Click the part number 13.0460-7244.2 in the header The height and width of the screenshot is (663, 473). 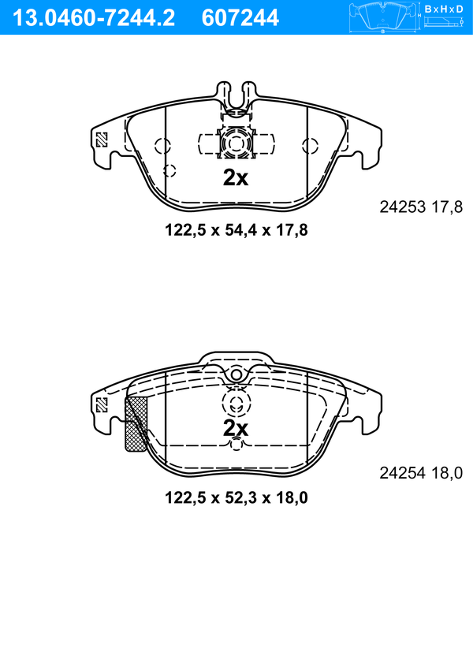pyautogui.click(x=93, y=18)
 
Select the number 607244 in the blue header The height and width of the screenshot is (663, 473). pyautogui.click(x=240, y=18)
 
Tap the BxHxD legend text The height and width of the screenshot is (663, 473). pyautogui.click(x=444, y=9)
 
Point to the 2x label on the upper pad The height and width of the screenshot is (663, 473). pyautogui.click(x=236, y=178)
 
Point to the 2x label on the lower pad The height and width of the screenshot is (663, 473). pyautogui.click(x=236, y=428)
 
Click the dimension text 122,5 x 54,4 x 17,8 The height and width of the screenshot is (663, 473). pyautogui.click(x=236, y=230)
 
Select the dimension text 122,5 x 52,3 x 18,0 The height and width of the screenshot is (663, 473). pyautogui.click(x=236, y=497)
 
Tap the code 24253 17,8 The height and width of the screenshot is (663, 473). pyautogui.click(x=421, y=207)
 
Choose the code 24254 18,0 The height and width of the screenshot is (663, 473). pyautogui.click(x=421, y=473)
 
